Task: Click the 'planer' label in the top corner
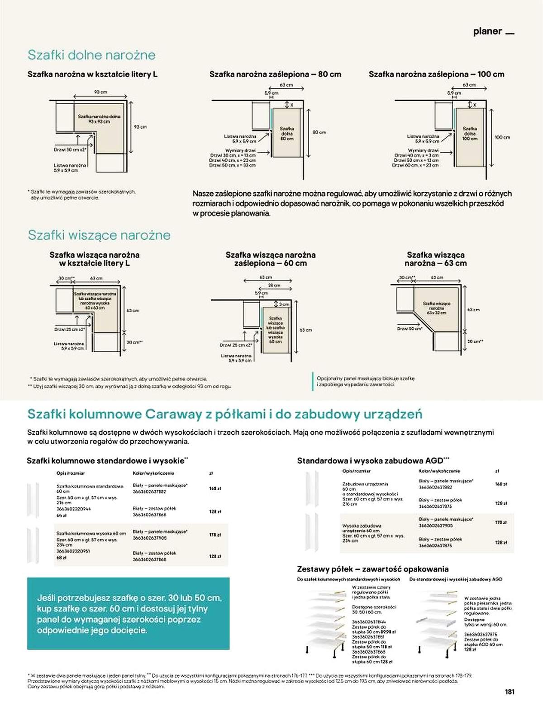[x=487, y=31]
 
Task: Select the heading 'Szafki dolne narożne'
[x=91, y=55]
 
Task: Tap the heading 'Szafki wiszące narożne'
[x=99, y=235]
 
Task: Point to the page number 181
[x=510, y=692]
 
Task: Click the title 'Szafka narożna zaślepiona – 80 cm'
[x=275, y=74]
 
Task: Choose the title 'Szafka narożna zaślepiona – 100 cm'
[x=436, y=74]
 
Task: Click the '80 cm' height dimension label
[x=319, y=132]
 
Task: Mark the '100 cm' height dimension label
[x=502, y=137]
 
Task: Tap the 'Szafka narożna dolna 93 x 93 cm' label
[x=99, y=119]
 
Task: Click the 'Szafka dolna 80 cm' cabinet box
[x=286, y=134]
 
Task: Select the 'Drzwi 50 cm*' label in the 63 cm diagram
[x=410, y=328]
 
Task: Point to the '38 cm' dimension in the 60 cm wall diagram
[x=274, y=285]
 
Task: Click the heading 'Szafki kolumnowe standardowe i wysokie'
[x=107, y=461]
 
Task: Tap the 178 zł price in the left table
[x=215, y=535]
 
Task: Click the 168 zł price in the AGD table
[x=501, y=484]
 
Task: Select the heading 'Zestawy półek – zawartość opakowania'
[x=373, y=569]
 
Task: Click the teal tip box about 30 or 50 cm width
[x=128, y=613]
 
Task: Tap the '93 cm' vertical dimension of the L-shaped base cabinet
[x=140, y=127]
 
